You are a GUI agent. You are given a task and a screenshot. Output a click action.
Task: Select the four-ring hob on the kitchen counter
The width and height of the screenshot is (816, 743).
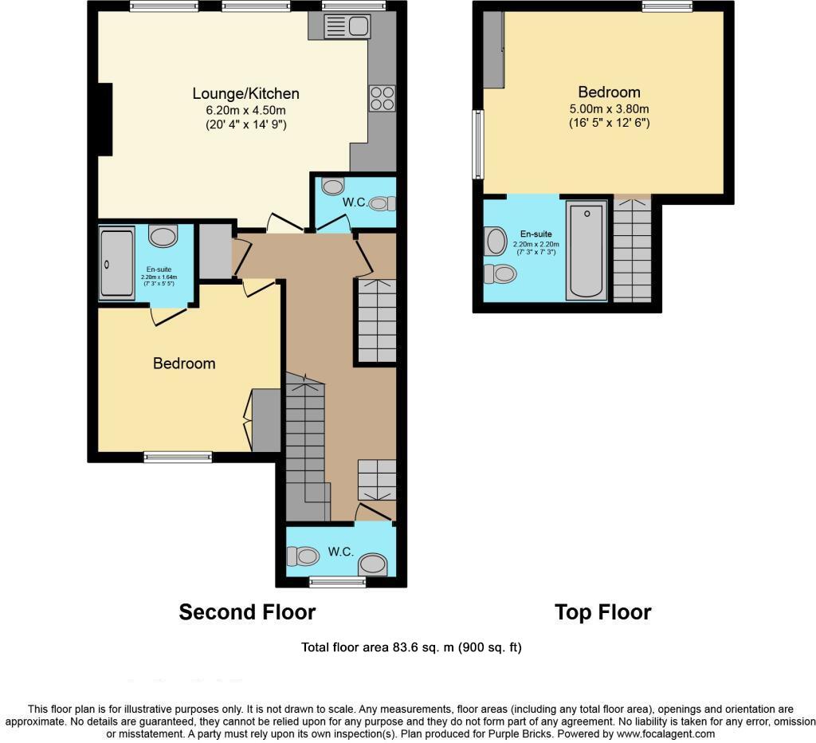382,98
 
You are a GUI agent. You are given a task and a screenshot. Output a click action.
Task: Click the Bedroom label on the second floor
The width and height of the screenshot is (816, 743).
184,364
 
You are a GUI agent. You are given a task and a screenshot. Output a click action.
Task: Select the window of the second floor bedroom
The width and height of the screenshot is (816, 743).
178,457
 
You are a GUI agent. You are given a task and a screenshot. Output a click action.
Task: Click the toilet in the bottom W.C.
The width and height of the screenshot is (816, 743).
302,555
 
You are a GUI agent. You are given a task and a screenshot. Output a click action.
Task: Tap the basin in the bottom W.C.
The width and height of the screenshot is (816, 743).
372,565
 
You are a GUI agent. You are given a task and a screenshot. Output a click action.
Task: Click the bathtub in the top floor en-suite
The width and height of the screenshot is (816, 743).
586,250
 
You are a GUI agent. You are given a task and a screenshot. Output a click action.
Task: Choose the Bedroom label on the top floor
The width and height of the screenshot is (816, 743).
609,92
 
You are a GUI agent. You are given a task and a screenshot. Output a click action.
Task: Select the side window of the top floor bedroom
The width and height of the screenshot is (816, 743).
478,144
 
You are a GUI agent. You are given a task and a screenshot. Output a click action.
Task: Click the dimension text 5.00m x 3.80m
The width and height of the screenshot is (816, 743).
609,109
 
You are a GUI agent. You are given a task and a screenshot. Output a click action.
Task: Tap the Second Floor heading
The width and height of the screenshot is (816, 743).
247,612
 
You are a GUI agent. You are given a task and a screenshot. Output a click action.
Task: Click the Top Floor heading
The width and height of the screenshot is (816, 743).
602,612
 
